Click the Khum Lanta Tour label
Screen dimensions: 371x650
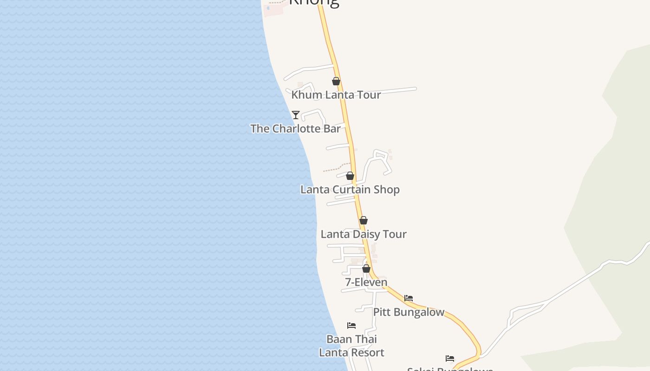(x=336, y=95)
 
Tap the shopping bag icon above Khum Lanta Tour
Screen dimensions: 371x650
(x=336, y=82)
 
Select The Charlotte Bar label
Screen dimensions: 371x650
(x=295, y=129)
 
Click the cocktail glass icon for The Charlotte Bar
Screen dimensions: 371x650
(x=296, y=115)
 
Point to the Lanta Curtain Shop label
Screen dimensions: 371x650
(x=350, y=190)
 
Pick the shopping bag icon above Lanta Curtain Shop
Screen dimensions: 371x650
(x=350, y=176)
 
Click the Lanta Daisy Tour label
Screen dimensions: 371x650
(x=364, y=234)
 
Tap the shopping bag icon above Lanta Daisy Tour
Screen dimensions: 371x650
(x=364, y=220)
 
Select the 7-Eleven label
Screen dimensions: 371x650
(x=366, y=282)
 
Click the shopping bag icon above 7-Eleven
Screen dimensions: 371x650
(x=366, y=269)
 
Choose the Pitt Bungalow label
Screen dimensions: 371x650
(x=409, y=312)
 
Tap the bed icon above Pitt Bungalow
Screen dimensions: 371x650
(x=409, y=298)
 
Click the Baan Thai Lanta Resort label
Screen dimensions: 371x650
(x=351, y=346)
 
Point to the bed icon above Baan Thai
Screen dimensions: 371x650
(x=351, y=326)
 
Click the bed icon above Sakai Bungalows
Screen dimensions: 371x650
(x=450, y=358)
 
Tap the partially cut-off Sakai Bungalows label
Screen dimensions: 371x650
(x=449, y=369)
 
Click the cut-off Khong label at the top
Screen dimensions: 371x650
(x=314, y=3)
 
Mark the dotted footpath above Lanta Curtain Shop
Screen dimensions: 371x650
(x=336, y=167)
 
